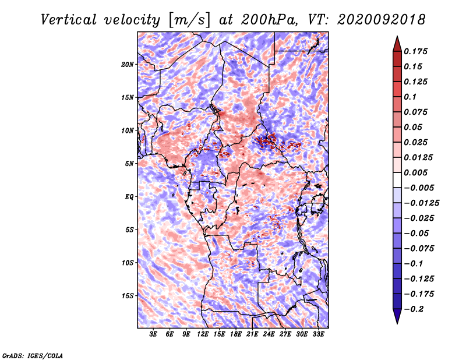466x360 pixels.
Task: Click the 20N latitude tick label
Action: [x=128, y=64]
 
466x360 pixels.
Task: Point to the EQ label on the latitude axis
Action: [x=129, y=196]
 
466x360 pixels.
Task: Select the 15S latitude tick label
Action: [x=128, y=296]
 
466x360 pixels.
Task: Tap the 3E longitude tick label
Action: [x=153, y=334]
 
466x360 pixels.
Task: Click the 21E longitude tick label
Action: [x=252, y=334]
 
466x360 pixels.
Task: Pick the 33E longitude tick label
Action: [x=318, y=334]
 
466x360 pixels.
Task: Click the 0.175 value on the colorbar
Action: [x=415, y=51]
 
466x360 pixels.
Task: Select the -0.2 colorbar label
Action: [x=414, y=309]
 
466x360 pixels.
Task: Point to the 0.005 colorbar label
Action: [x=415, y=172]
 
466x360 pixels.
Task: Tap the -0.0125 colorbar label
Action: [x=421, y=203]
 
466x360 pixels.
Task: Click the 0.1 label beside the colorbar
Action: [x=410, y=97]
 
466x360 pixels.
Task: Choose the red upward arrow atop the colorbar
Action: [x=397, y=44]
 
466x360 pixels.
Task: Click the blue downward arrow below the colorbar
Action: [x=397, y=316]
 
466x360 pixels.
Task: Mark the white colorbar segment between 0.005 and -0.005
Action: [x=397, y=180]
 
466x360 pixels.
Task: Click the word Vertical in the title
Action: [x=69, y=20]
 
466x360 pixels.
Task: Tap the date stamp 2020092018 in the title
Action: [x=382, y=20]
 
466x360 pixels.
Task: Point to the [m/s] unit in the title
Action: [x=189, y=20]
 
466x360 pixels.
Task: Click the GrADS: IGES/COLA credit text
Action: [x=33, y=355]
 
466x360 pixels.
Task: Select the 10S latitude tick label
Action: [x=128, y=263]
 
